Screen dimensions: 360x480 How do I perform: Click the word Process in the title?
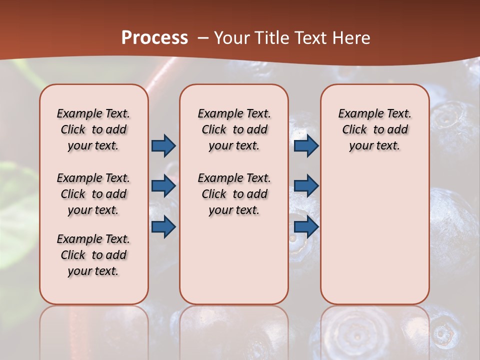[154, 37]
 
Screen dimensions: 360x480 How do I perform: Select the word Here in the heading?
[353, 38]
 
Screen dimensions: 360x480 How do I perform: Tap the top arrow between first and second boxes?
[163, 145]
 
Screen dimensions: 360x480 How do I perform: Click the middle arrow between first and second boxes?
[163, 186]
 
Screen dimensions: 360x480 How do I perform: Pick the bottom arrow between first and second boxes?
[163, 227]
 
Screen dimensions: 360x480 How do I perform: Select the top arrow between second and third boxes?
[306, 145]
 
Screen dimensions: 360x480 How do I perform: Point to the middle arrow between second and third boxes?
[306, 186]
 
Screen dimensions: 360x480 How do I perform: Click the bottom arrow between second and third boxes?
[306, 227]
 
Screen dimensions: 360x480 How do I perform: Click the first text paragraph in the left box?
[93, 129]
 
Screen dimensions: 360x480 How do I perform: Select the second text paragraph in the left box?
[93, 194]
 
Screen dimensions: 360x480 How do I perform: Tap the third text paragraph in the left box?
[93, 255]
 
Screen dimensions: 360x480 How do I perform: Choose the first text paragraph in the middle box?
[234, 129]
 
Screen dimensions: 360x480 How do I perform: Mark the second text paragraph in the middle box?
[234, 194]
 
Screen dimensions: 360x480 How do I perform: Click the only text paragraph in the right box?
[374, 129]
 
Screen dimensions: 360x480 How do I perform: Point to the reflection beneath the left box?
[94, 330]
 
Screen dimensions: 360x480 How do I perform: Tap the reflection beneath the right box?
[374, 330]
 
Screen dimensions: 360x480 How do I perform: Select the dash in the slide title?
[203, 38]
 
